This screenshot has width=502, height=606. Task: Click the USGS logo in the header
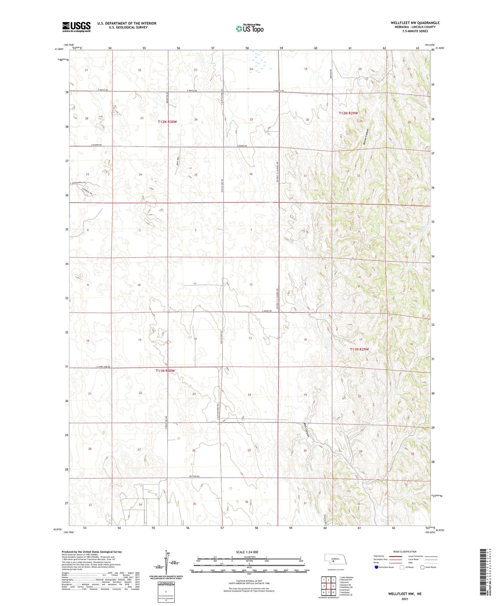coord(76,26)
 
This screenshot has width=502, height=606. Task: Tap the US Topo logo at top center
coord(249,28)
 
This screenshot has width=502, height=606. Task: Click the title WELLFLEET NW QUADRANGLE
coord(415,23)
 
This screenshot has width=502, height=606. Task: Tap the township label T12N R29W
coord(348,113)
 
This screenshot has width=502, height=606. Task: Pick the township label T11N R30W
coord(165,371)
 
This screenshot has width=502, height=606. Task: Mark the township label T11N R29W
coord(359,349)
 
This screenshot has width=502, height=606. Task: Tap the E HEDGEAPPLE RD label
coord(78,183)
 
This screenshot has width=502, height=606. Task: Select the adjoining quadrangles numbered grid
coord(328,586)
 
